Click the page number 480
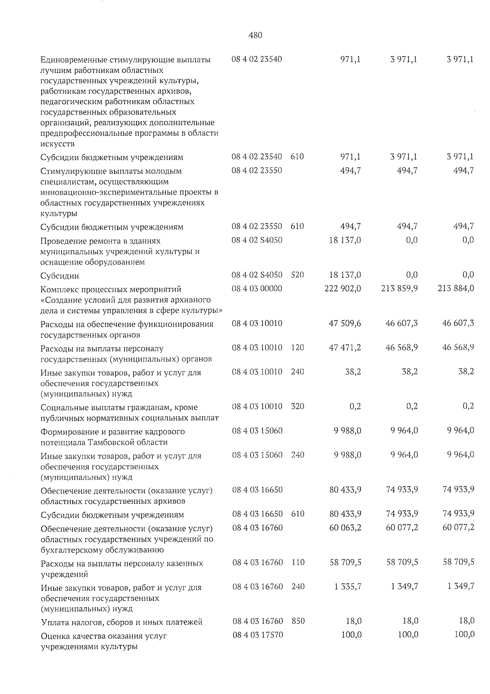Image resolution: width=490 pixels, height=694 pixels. pyautogui.click(x=255, y=35)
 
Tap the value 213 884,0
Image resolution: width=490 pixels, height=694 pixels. pyautogui.click(x=456, y=288)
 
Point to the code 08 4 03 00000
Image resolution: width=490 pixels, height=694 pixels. pyautogui.click(x=257, y=288)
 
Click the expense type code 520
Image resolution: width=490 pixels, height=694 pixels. pyautogui.click(x=297, y=275)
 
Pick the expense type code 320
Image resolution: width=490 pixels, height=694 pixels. pyautogui.click(x=298, y=407)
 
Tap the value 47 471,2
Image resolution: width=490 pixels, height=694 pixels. pyautogui.click(x=345, y=348)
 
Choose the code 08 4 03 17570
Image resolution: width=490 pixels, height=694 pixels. pyautogui.click(x=258, y=635)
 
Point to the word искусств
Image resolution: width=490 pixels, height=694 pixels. pyautogui.click(x=58, y=144)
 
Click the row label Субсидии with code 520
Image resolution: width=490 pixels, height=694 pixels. pyautogui.click(x=60, y=276)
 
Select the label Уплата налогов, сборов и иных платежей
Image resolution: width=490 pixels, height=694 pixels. pyautogui.click(x=122, y=622)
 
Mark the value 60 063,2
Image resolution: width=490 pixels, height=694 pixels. pyautogui.click(x=345, y=528)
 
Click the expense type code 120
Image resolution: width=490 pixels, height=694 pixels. pyautogui.click(x=298, y=348)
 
